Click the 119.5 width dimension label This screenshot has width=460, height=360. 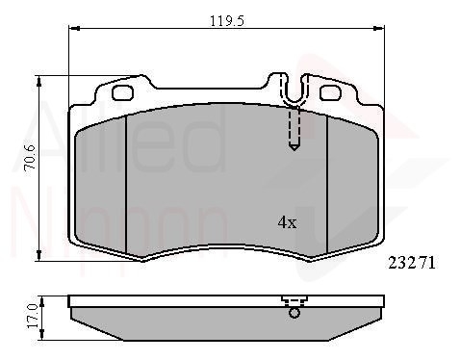[x=227, y=21]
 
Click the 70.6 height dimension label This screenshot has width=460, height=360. [x=31, y=157]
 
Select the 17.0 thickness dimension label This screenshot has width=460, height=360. [x=33, y=316]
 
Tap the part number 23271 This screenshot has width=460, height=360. [x=412, y=263]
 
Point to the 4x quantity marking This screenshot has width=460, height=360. [x=287, y=222]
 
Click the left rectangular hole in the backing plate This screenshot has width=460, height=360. [x=122, y=92]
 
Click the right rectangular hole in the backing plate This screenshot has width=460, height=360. [x=329, y=92]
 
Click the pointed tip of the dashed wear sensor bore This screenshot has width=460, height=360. [x=294, y=150]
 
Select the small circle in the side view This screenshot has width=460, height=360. [x=294, y=313]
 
